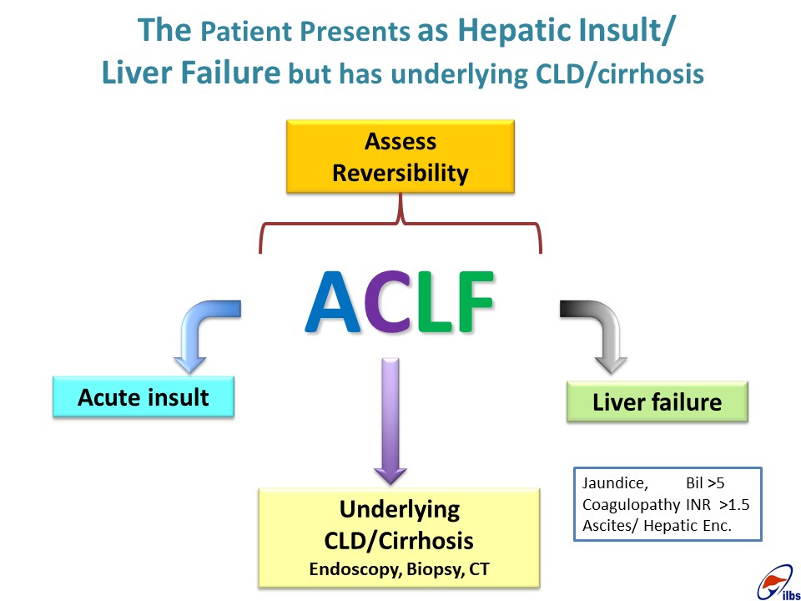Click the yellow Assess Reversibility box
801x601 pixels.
click(400, 156)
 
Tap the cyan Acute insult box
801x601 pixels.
click(144, 397)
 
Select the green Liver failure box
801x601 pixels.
click(657, 402)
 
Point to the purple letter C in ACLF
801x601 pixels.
click(390, 302)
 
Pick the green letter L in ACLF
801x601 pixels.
click(434, 302)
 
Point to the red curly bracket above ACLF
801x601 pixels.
click(400, 224)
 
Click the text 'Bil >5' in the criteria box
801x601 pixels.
click(705, 483)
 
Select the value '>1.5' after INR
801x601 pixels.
click(734, 505)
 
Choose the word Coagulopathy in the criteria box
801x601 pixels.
click(632, 505)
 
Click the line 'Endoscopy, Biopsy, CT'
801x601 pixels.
click(399, 569)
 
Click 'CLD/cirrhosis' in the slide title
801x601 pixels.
click(620, 74)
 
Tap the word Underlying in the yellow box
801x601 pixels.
click(400, 509)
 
